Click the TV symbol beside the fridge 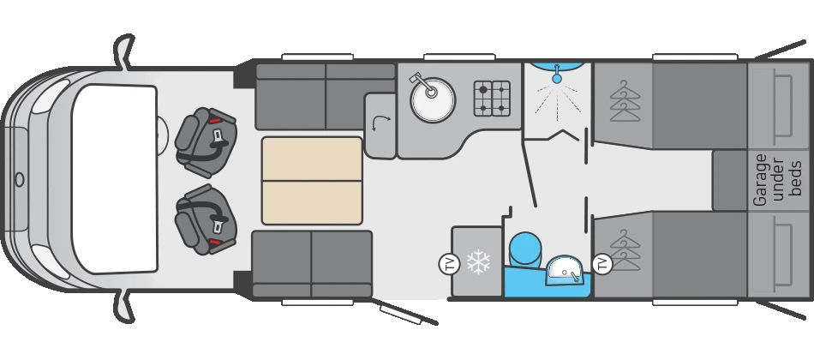point(448,263)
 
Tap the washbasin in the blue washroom point(566,270)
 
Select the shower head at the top point(557,76)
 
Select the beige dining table point(311,181)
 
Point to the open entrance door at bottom point(403,315)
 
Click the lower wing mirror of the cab point(125,310)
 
